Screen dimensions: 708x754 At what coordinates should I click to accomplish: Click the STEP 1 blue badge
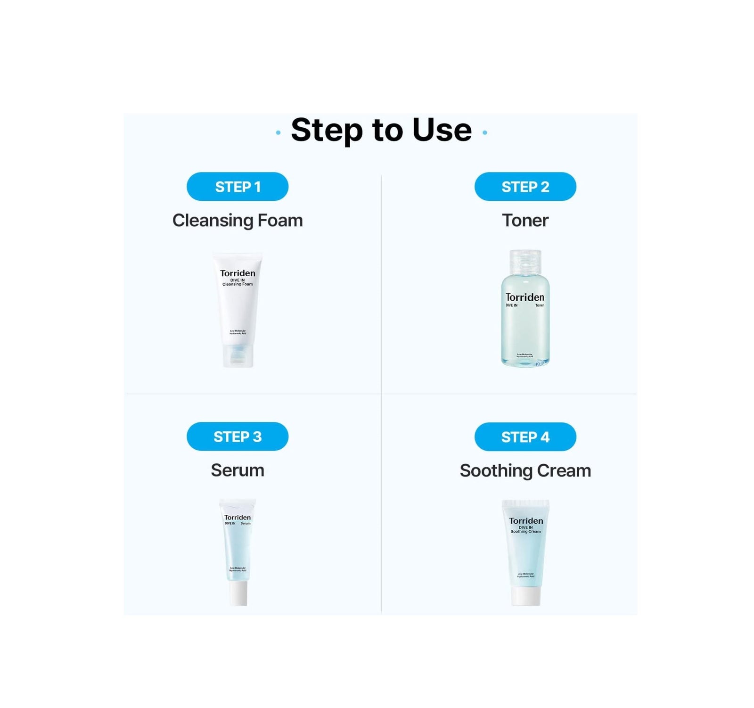(237, 187)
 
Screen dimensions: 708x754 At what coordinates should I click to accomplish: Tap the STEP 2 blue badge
(525, 187)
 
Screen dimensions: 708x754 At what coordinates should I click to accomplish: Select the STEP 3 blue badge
(237, 436)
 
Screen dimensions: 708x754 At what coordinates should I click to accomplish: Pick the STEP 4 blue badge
(525, 437)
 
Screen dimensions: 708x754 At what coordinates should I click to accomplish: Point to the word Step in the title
(327, 131)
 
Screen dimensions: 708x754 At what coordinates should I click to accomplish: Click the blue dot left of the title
(278, 133)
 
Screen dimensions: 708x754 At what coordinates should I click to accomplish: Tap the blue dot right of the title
(485, 133)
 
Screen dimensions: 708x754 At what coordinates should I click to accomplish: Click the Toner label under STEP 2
(525, 220)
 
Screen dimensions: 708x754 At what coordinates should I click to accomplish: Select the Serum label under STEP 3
(237, 470)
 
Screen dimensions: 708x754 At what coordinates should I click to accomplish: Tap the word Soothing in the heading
(496, 470)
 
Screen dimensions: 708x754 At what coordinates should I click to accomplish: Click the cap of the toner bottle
(525, 261)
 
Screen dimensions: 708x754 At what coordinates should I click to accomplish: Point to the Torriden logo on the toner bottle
(525, 297)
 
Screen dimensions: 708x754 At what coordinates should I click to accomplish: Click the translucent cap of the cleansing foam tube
(238, 355)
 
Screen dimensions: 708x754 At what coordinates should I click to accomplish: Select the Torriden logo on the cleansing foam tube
(238, 273)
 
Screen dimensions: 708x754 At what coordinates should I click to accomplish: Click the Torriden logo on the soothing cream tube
(526, 521)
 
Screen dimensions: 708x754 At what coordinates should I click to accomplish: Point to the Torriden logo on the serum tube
(238, 517)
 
